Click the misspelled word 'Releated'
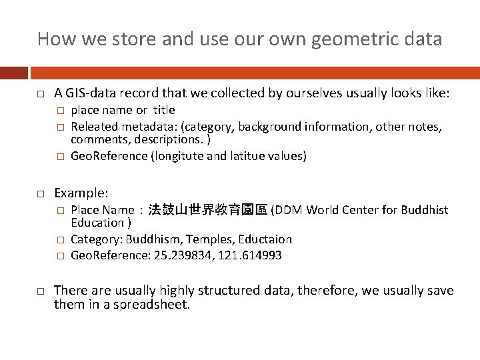[93, 126]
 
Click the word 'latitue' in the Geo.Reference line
[245, 156]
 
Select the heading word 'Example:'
[81, 193]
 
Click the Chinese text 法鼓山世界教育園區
[207, 210]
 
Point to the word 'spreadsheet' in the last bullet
[156, 305]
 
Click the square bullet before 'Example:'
[41, 193]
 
